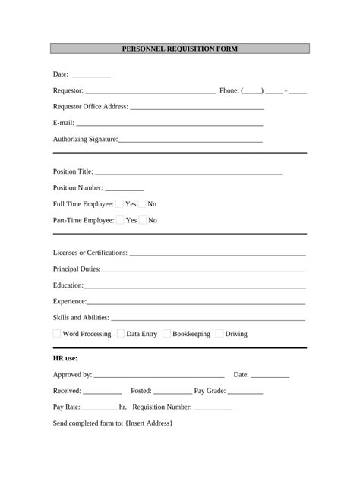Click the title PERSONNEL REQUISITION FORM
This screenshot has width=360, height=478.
tap(180, 49)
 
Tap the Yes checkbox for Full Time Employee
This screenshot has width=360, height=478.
tap(120, 203)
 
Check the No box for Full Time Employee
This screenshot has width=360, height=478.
tap(142, 203)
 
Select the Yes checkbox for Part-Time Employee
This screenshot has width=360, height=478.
tap(120, 220)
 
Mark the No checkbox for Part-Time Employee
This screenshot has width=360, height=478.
tap(143, 220)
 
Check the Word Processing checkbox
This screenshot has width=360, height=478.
tap(57, 334)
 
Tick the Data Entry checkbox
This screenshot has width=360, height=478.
tap(121, 334)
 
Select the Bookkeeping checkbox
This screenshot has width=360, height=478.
tap(166, 334)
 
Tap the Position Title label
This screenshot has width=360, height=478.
tap(73, 171)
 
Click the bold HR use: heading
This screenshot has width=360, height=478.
tap(65, 358)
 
